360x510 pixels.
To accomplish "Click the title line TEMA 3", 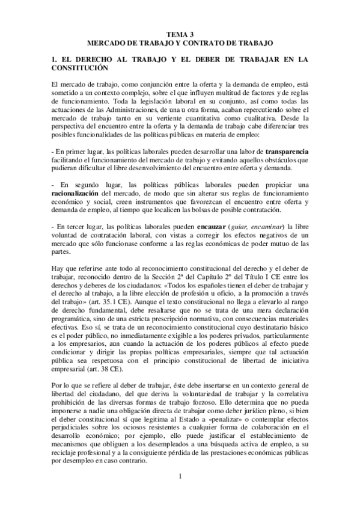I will coord(180,35).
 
